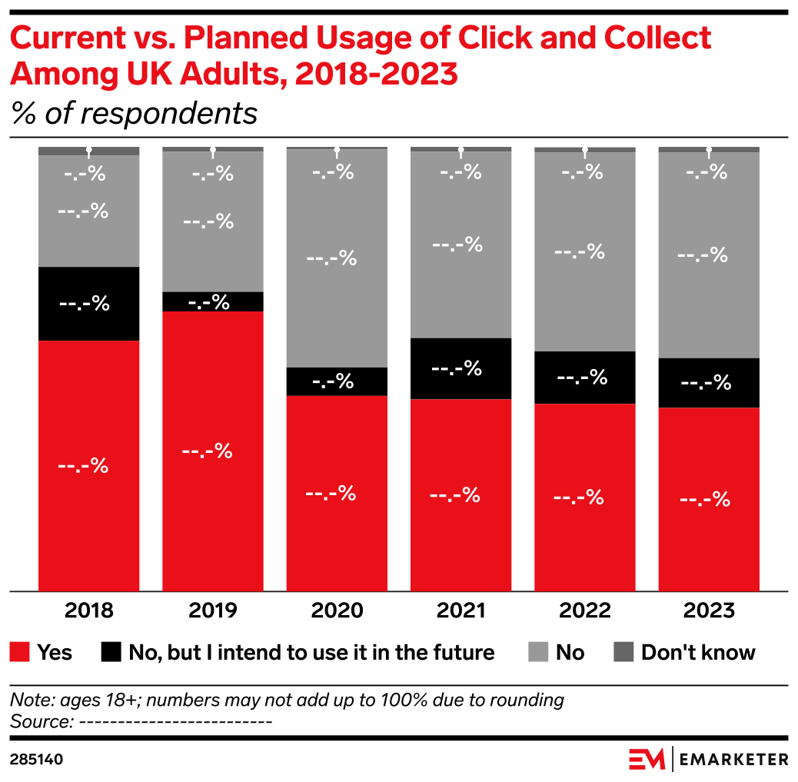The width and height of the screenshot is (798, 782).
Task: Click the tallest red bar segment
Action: pos(212,451)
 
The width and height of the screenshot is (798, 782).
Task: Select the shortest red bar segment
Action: pos(708,499)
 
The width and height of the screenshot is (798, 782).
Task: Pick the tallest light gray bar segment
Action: pos(336,258)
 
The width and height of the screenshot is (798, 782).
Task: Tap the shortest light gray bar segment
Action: pos(88,211)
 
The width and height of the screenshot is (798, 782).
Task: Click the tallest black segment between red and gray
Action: pos(88,304)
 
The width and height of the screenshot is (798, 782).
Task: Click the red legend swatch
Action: pos(20,651)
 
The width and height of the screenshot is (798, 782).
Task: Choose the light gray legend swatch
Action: pos(538,651)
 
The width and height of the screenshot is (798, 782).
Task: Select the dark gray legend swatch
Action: pos(623,651)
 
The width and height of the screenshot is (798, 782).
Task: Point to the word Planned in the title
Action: pos(258,39)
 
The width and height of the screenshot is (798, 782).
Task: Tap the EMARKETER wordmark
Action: pos(734,760)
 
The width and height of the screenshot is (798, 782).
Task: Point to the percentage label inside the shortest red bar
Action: pos(705,500)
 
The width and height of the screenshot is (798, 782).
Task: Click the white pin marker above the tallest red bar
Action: pos(213,150)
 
